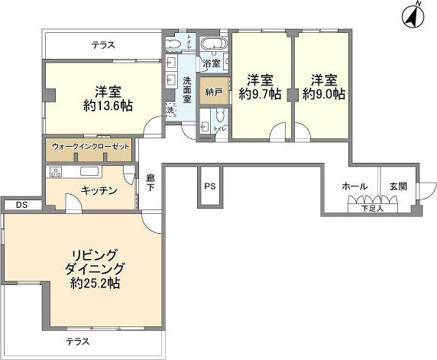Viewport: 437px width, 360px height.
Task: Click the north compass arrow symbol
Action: (x=413, y=15)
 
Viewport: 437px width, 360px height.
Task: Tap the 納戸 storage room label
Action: (x=212, y=91)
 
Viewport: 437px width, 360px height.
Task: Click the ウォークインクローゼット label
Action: (x=90, y=145)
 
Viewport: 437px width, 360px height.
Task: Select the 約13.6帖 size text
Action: (x=107, y=106)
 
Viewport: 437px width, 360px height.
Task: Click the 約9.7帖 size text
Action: (x=260, y=94)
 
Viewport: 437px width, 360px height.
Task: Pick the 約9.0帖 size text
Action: (x=323, y=94)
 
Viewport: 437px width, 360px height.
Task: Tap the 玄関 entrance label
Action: (x=399, y=186)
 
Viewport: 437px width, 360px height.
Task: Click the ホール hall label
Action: (x=354, y=186)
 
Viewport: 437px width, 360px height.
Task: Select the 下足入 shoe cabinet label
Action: (x=372, y=208)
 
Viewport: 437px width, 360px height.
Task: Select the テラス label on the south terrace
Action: (x=77, y=341)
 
